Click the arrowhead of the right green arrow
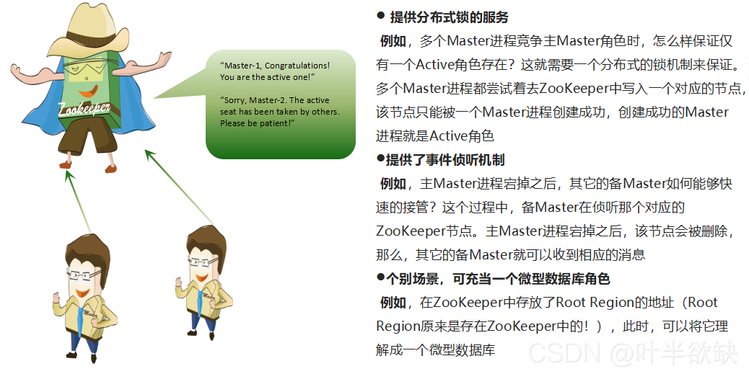coord(149,153)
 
